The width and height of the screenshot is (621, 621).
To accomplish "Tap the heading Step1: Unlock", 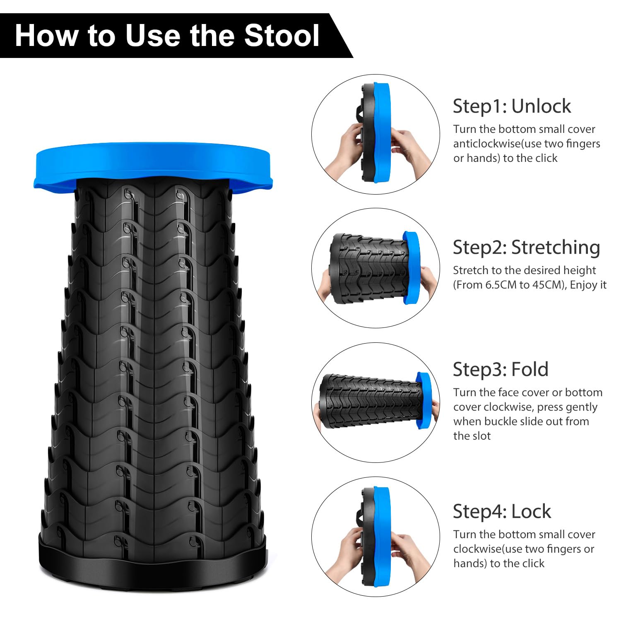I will [512, 106].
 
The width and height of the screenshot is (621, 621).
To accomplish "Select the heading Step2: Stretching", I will [526, 247].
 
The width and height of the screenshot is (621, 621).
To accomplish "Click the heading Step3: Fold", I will [501, 369].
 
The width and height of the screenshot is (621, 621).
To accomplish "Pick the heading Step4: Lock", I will [502, 511].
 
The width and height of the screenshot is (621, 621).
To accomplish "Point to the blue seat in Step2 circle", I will [412, 265].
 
